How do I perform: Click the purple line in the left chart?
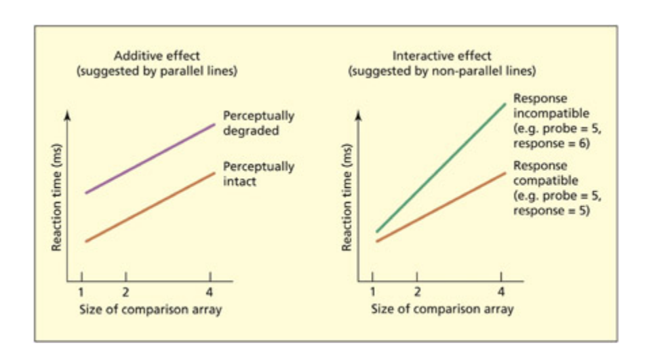tap(149, 159)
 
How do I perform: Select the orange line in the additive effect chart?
tap(149, 207)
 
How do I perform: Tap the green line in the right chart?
tap(441, 167)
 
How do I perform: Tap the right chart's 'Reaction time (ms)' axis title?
tap(348, 197)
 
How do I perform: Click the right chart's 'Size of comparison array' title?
tap(442, 310)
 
